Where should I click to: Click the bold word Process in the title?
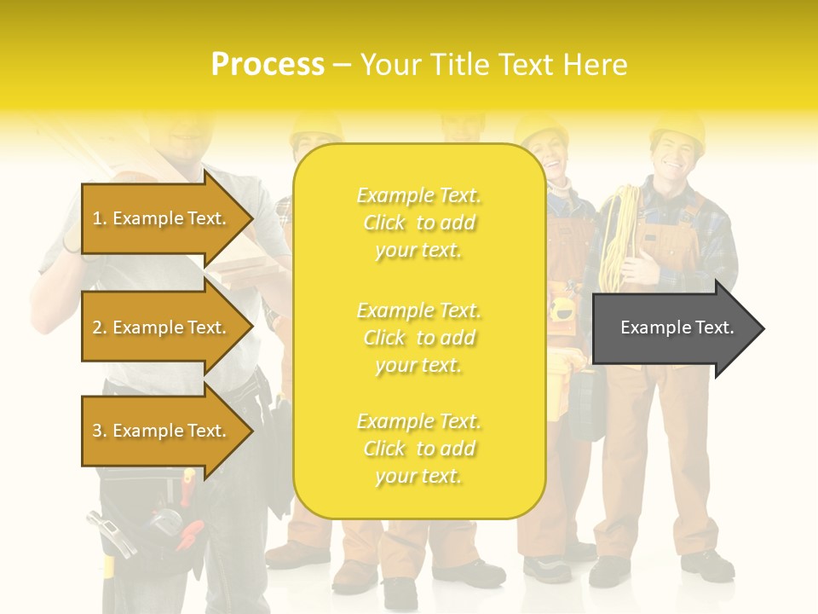tap(268, 65)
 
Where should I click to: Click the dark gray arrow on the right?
tap(677, 328)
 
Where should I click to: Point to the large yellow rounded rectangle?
tap(419, 331)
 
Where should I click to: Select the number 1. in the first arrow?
tap(100, 218)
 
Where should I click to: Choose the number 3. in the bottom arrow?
tap(100, 431)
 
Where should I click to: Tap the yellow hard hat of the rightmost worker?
tap(677, 128)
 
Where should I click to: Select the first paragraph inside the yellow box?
tap(419, 223)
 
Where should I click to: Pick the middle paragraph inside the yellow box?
tap(419, 338)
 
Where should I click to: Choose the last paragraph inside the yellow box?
tap(419, 449)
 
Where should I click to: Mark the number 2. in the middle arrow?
tap(100, 327)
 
